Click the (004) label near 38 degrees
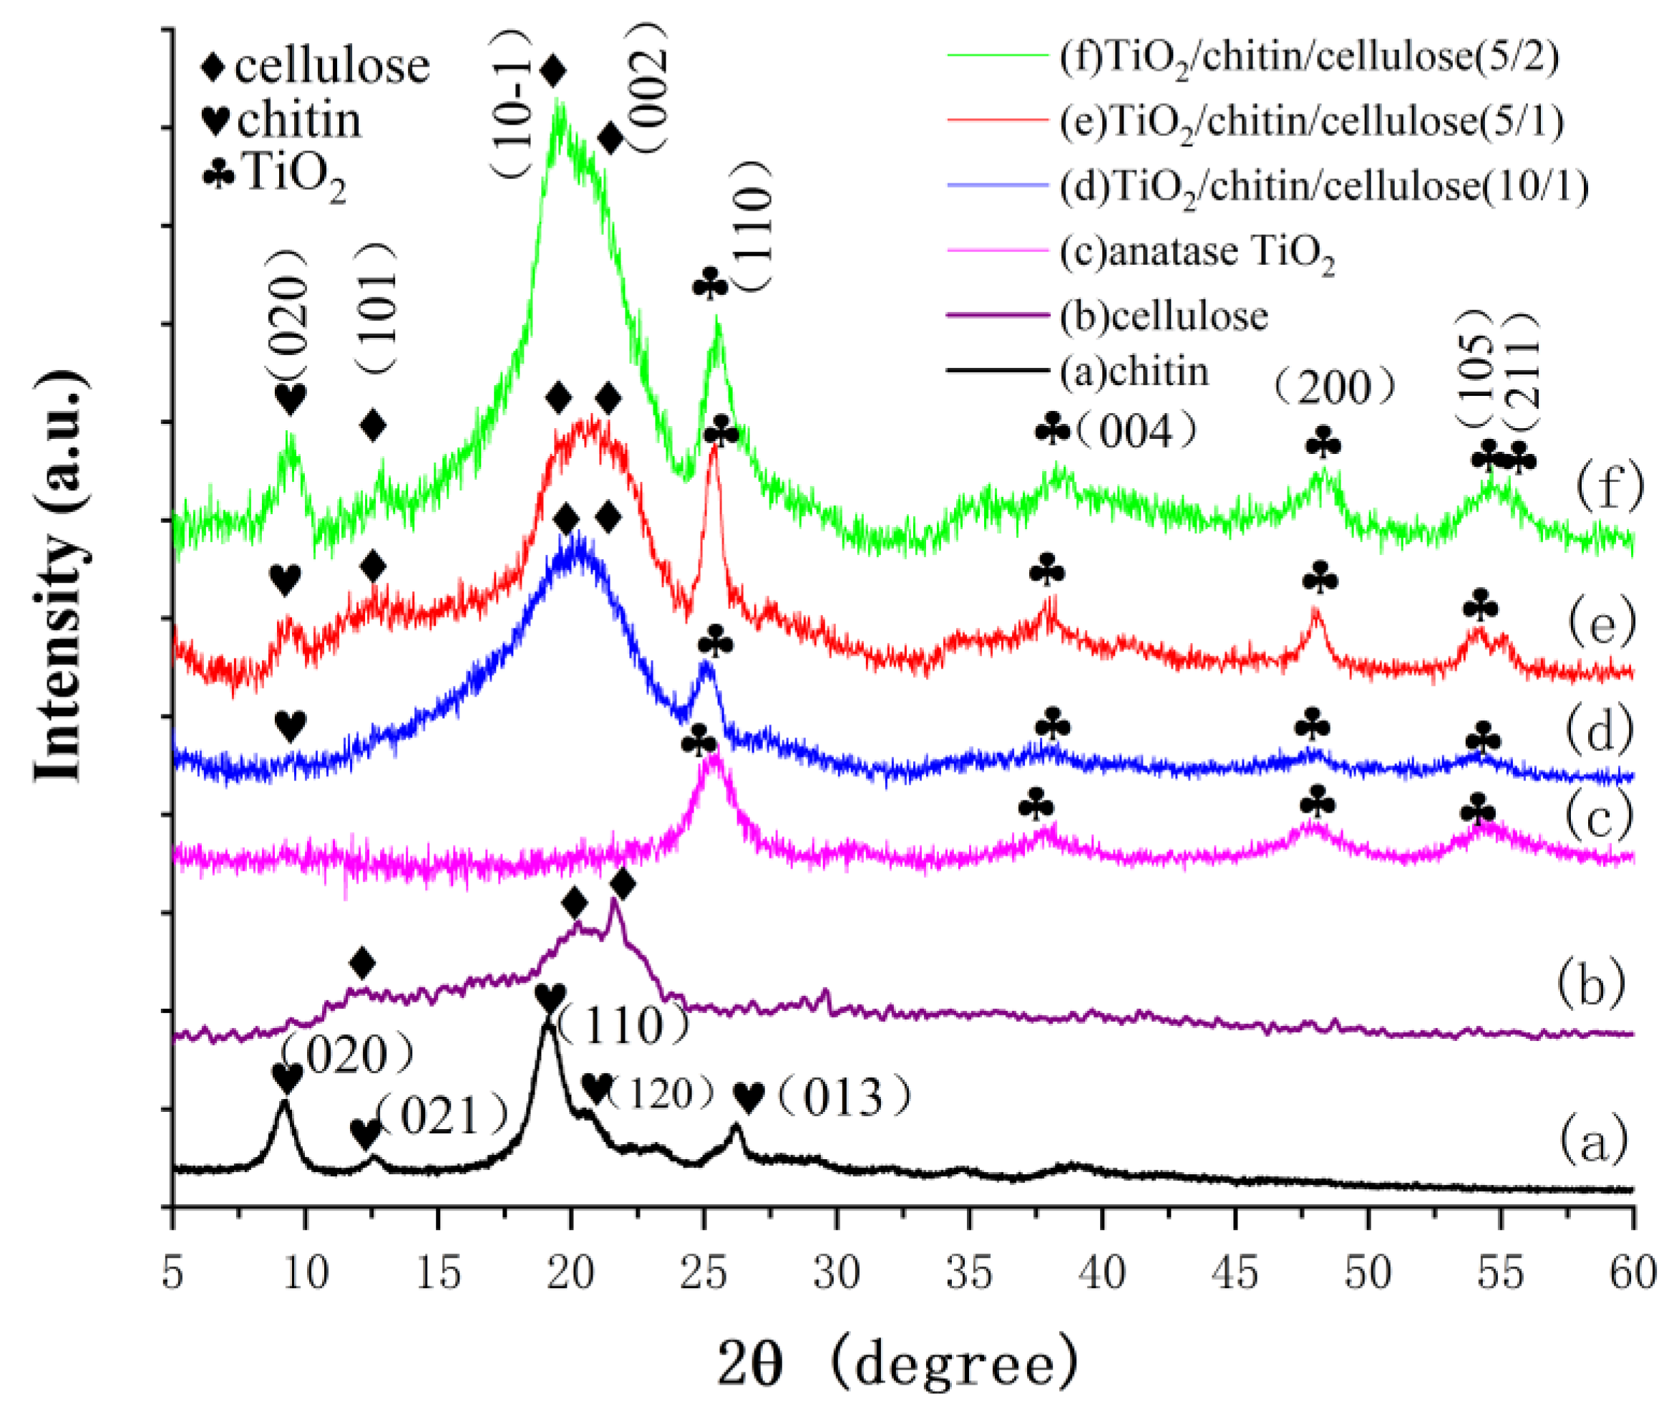(1135, 433)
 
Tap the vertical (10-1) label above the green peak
(517, 104)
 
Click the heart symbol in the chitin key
(216, 121)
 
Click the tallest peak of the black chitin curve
(548, 1025)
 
